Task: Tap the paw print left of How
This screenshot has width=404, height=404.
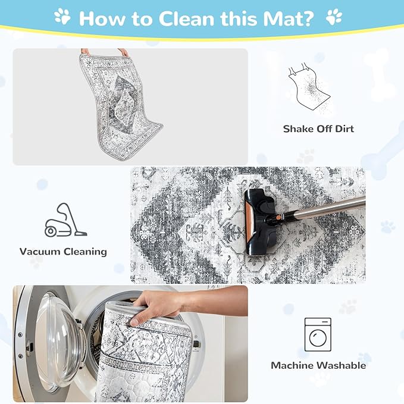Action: [x=62, y=17]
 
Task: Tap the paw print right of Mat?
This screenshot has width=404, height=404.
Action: [x=334, y=17]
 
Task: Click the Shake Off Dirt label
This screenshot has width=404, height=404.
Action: [x=318, y=129]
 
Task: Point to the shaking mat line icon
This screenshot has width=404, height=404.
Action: [x=309, y=87]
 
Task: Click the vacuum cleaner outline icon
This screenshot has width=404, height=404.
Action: [x=66, y=220]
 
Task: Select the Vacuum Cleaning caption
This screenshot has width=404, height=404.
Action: [x=63, y=252]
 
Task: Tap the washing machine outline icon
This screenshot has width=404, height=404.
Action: [x=318, y=334]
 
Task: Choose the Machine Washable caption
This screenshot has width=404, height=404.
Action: [x=318, y=365]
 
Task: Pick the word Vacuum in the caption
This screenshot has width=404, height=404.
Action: [x=40, y=252]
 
